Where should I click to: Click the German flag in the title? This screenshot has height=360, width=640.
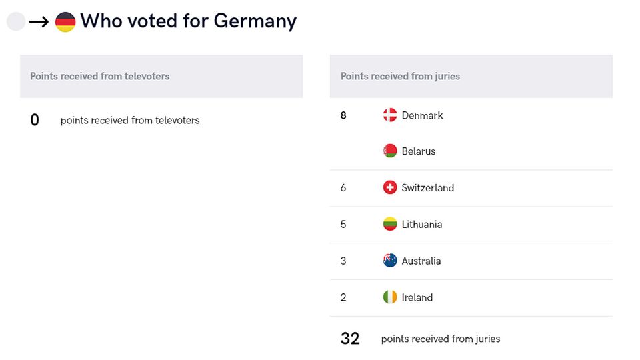(x=65, y=22)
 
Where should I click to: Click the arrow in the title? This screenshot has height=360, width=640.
(x=39, y=22)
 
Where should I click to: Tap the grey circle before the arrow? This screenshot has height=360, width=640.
(x=16, y=22)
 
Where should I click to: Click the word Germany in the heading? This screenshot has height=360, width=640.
(x=255, y=21)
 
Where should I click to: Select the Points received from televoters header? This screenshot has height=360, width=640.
(x=99, y=76)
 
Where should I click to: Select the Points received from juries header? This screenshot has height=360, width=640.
(x=400, y=76)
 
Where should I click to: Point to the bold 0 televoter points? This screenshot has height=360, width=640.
(x=35, y=120)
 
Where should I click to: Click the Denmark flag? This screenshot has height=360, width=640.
(x=390, y=115)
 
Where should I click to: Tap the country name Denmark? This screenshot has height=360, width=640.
(x=422, y=115)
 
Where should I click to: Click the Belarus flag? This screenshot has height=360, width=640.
(x=390, y=151)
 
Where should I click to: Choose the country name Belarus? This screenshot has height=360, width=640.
(x=418, y=151)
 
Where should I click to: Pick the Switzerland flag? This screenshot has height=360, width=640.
(x=390, y=188)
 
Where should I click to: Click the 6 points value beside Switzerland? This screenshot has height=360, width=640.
(x=343, y=188)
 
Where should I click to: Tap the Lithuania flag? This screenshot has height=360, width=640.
(x=390, y=224)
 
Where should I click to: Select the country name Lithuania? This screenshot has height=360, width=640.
(x=421, y=224)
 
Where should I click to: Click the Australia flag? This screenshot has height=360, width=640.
(x=390, y=261)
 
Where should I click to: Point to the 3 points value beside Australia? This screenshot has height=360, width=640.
(x=343, y=261)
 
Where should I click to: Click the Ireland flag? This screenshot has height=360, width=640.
(x=390, y=297)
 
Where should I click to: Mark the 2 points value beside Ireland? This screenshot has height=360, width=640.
(x=343, y=297)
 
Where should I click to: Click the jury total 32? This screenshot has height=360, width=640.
(x=350, y=339)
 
